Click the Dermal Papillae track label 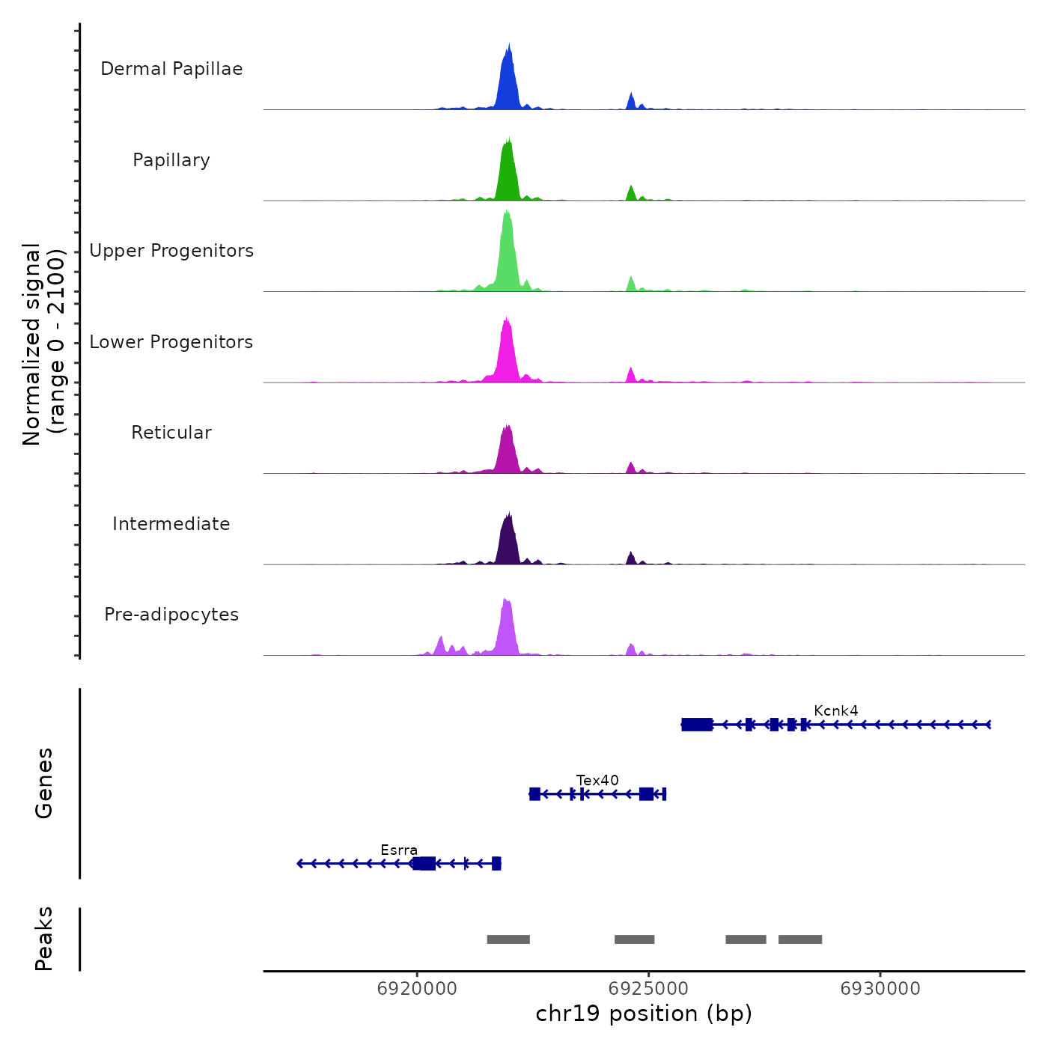pyautogui.click(x=171, y=69)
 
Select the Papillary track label pyautogui.click(x=171, y=160)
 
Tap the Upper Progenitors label pyautogui.click(x=171, y=251)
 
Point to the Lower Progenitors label pyautogui.click(x=171, y=342)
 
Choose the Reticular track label pyautogui.click(x=171, y=433)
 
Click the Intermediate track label pyautogui.click(x=171, y=524)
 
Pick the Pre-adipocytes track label pyautogui.click(x=171, y=615)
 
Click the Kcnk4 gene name pyautogui.click(x=836, y=710)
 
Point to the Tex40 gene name pyautogui.click(x=597, y=780)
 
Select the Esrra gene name pyautogui.click(x=399, y=850)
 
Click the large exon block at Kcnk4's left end pyautogui.click(x=697, y=724)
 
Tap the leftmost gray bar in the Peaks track pyautogui.click(x=508, y=939)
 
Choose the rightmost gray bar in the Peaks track pyautogui.click(x=800, y=939)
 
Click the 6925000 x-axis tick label pyautogui.click(x=648, y=988)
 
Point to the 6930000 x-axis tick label pyautogui.click(x=880, y=988)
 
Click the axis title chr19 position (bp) pyautogui.click(x=644, y=1014)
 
